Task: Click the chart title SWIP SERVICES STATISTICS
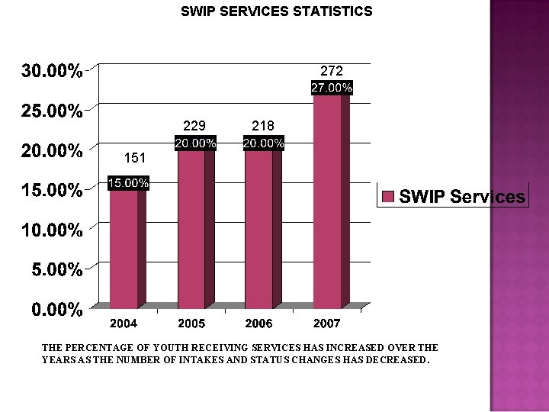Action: [276, 11]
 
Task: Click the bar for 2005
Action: [191, 229]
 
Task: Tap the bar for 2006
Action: [258, 229]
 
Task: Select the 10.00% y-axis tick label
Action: [52, 230]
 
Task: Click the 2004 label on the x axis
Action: [124, 323]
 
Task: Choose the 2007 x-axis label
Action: [327, 323]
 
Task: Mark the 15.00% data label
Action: [128, 183]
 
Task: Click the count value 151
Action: [134, 158]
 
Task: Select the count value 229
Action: [195, 125]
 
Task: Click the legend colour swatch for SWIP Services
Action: [387, 197]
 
